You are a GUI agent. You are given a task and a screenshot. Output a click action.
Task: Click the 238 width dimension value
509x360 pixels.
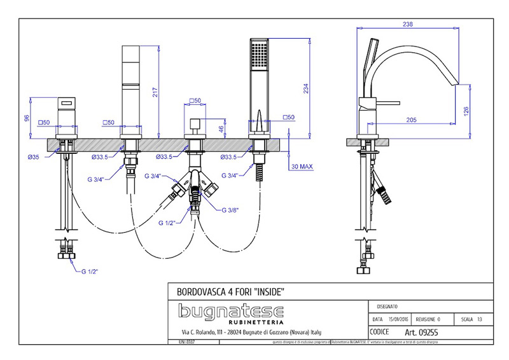click(408, 24)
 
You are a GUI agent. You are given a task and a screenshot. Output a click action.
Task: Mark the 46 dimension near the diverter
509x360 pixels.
click(221, 129)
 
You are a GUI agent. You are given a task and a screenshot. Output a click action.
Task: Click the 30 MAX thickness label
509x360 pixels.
click(302, 167)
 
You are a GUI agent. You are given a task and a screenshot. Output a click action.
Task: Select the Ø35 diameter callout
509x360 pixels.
click(35, 156)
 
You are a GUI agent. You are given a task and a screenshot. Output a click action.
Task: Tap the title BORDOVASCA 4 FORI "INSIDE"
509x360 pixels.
click(229, 291)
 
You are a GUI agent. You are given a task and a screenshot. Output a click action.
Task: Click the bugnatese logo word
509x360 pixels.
click(231, 310)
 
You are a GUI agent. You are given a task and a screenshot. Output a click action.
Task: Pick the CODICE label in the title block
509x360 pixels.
click(380, 332)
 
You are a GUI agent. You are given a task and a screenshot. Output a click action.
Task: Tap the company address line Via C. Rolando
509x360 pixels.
click(251, 333)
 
